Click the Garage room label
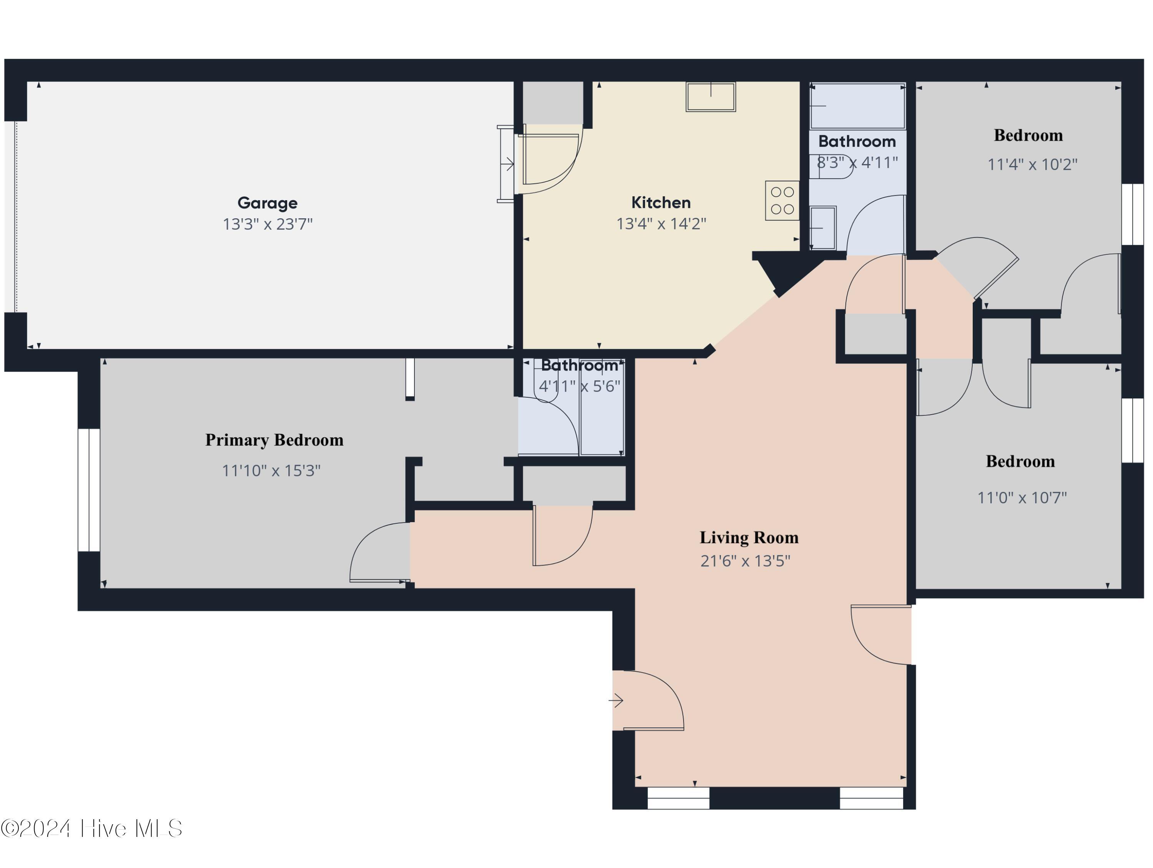tap(268, 202)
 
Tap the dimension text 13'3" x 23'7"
tap(268, 224)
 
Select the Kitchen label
tap(661, 202)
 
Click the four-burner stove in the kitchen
tap(782, 201)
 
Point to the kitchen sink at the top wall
tap(710, 97)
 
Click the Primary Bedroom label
tap(274, 440)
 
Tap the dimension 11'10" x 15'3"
tap(271, 470)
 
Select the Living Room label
tap(749, 537)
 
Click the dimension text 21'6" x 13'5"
tap(745, 561)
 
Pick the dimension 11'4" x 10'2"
tap(1032, 164)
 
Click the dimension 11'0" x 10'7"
tap(1022, 498)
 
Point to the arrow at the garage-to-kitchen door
tap(507, 164)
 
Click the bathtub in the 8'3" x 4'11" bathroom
tap(857, 106)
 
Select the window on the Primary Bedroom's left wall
tap(88, 490)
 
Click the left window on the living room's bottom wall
tap(678, 798)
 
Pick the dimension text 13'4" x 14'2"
tap(661, 224)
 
